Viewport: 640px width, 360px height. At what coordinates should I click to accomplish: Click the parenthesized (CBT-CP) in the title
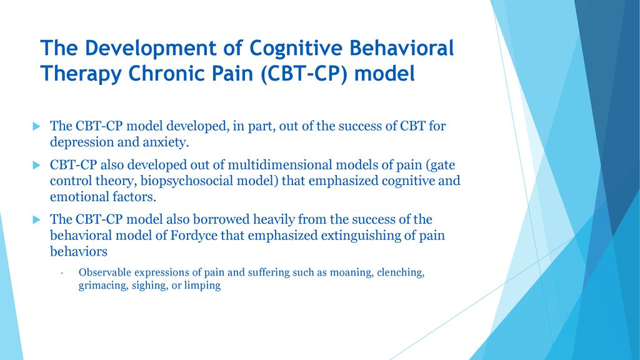304,74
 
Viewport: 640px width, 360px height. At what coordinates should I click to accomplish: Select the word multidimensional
279,165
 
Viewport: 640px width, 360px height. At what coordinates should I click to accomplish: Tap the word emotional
74,197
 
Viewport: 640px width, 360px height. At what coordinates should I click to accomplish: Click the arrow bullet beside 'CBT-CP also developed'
37,165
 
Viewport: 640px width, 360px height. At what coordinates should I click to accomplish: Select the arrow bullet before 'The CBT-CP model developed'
37,126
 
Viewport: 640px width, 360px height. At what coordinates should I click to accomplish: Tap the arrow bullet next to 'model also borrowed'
37,219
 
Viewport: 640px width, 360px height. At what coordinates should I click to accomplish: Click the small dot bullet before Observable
62,273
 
